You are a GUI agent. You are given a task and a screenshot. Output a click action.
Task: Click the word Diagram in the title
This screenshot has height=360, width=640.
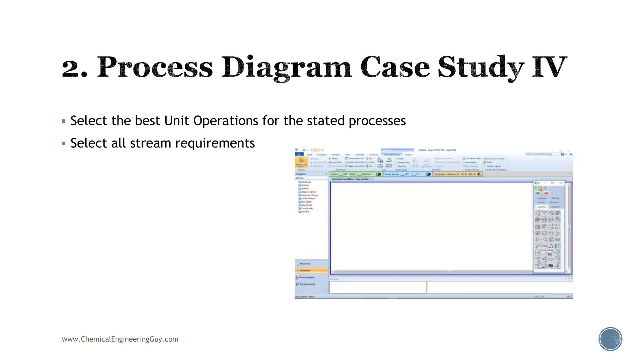[x=286, y=67]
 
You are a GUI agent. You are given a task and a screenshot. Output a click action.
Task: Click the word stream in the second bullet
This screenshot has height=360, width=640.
[x=150, y=143]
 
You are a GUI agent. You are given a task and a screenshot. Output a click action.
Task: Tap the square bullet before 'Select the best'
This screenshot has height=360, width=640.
[x=64, y=121]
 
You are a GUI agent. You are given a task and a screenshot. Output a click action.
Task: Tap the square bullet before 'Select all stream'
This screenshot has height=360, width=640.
[x=64, y=144]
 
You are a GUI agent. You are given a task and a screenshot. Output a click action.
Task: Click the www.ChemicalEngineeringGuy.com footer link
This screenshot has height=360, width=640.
[x=120, y=339]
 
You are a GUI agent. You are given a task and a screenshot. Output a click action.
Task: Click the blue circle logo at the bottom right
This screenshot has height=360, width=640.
[x=610, y=339]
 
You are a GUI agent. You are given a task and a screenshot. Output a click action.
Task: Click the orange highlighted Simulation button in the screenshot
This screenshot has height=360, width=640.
[x=311, y=270]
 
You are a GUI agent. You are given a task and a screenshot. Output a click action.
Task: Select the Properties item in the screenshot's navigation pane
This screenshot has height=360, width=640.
[x=305, y=264]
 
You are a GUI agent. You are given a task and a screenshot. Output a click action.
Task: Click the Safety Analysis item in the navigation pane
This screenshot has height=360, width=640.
[x=307, y=277]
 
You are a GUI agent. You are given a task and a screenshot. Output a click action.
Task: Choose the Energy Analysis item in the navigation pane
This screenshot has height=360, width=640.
[x=307, y=284]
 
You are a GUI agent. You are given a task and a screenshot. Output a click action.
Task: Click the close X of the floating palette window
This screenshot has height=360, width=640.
[x=561, y=183]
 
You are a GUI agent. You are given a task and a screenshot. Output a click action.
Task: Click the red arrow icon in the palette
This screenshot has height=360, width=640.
[x=546, y=193]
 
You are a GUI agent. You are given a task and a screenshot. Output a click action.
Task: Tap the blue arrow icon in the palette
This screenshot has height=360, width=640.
[x=538, y=193]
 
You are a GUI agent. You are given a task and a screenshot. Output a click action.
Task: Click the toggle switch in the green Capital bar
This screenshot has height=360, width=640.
[x=378, y=174]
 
